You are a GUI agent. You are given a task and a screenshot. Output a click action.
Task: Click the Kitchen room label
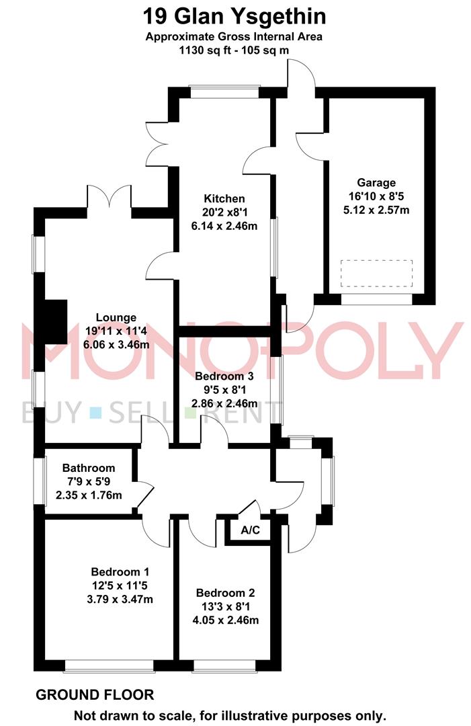point(224,198)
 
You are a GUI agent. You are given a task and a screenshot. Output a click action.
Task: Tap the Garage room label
point(376,182)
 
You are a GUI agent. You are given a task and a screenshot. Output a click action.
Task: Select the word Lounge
point(116,317)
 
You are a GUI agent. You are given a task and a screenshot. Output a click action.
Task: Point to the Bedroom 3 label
point(224,376)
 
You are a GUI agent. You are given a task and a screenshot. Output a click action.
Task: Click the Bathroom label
point(89,468)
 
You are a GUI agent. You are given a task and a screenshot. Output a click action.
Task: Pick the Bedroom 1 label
point(120,572)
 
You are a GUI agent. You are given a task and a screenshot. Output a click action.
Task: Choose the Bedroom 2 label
point(225,593)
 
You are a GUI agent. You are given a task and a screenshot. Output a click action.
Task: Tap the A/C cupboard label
point(251,530)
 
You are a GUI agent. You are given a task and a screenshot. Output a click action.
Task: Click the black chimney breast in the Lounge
point(56,322)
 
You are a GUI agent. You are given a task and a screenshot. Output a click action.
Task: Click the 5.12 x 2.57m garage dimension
point(376,210)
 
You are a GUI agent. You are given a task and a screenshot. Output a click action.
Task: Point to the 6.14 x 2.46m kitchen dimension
point(224,226)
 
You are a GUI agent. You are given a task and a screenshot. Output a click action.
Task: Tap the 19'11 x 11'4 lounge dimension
point(116,331)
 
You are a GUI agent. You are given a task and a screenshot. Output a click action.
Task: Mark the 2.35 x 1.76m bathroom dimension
point(89,495)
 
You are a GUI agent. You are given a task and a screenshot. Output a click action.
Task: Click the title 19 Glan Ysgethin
point(234,17)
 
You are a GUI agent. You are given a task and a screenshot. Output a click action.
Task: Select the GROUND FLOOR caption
point(95,694)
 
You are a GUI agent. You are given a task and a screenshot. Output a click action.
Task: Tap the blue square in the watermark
point(96,412)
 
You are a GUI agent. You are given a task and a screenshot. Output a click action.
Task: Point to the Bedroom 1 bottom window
point(110,665)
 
